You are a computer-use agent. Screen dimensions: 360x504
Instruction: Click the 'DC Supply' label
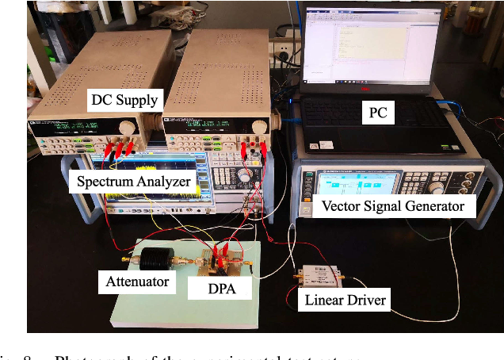tap(124, 101)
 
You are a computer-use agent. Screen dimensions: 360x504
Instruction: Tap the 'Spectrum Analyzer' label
tap(133, 182)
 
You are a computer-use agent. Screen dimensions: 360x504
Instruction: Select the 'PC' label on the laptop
tap(378, 113)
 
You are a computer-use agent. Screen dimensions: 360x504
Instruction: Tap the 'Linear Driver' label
tap(345, 300)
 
